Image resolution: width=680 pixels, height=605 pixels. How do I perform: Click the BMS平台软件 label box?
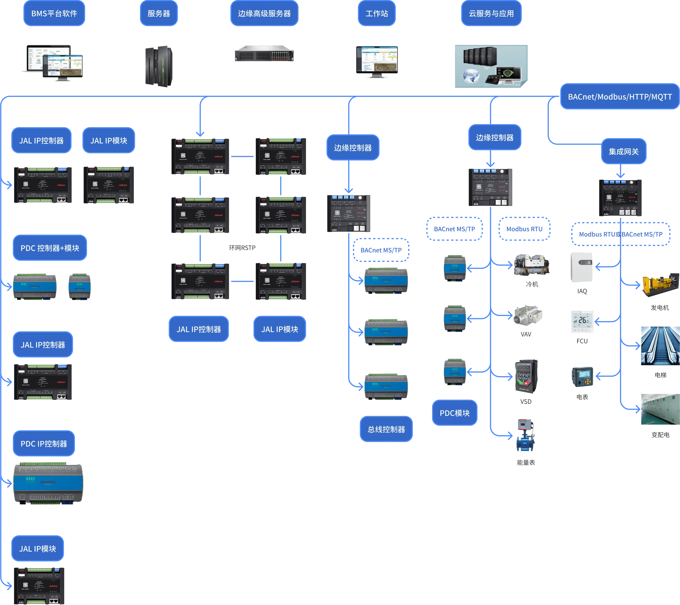click(54, 14)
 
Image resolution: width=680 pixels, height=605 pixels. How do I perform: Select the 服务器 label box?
click(159, 14)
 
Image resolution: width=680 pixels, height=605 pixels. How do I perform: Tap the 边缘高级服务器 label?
click(264, 14)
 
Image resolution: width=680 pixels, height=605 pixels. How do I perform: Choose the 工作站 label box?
click(377, 14)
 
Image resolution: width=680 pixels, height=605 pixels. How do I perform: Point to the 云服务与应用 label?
click(491, 14)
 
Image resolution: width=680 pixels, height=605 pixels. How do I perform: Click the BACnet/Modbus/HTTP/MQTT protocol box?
click(619, 97)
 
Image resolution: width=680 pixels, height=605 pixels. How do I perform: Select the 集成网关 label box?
click(624, 152)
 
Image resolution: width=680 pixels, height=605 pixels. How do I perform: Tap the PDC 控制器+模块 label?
click(50, 248)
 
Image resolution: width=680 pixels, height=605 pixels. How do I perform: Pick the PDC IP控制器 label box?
click(44, 444)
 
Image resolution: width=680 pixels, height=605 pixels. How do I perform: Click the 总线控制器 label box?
click(386, 429)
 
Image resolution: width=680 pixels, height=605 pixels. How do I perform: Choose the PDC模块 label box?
click(455, 413)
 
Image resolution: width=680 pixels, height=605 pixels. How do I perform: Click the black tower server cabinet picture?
click(158, 67)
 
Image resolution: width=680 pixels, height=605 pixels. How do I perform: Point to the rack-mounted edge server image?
click(264, 53)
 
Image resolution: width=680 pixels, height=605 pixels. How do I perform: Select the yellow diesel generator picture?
click(659, 286)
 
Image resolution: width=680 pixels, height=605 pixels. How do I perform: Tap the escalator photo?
click(659, 345)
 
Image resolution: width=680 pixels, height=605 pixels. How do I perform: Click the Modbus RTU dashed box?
click(524, 229)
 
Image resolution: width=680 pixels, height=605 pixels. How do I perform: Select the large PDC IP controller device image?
click(48, 483)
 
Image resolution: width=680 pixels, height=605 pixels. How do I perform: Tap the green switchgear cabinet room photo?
click(659, 410)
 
